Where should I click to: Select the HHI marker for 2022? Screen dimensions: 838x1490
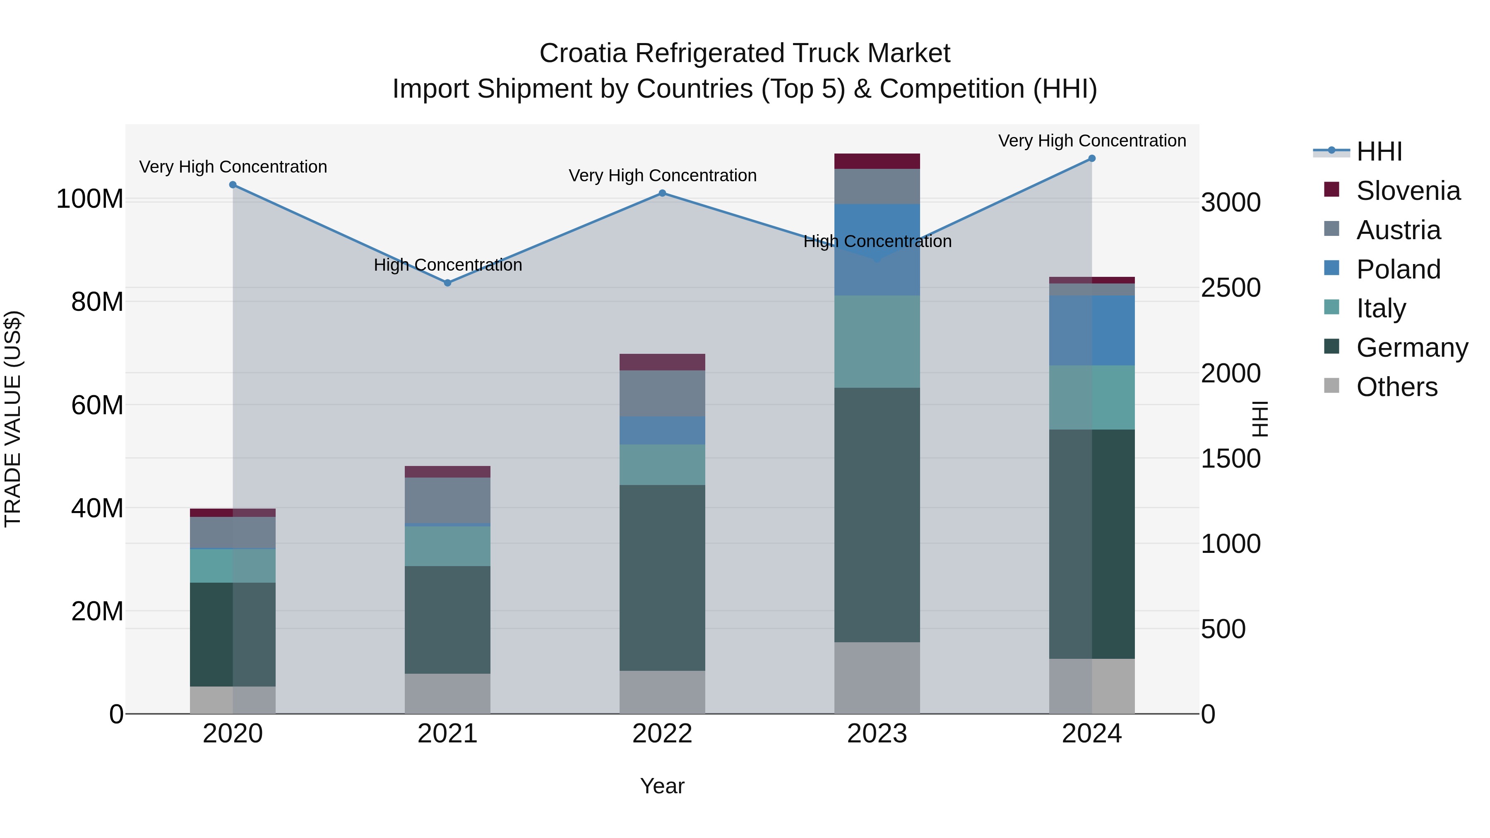pyautogui.click(x=662, y=193)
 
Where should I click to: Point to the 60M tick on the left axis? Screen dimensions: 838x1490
pyautogui.click(x=97, y=405)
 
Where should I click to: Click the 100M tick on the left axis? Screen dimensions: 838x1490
pyautogui.click(x=90, y=199)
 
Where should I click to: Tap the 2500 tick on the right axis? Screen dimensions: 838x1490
pyautogui.click(x=1230, y=288)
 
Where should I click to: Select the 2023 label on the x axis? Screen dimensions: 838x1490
pyautogui.click(x=877, y=734)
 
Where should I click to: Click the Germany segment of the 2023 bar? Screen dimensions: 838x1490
pyautogui.click(x=877, y=515)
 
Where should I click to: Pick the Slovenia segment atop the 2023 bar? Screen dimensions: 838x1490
pyautogui.click(x=877, y=161)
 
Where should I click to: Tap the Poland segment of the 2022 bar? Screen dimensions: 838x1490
pyautogui.click(x=662, y=430)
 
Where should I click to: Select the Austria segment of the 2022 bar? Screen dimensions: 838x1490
pyautogui.click(x=662, y=393)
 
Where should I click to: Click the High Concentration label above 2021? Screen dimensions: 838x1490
pyautogui.click(x=448, y=265)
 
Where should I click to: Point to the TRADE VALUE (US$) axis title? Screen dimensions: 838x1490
pyautogui.click(x=13, y=419)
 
